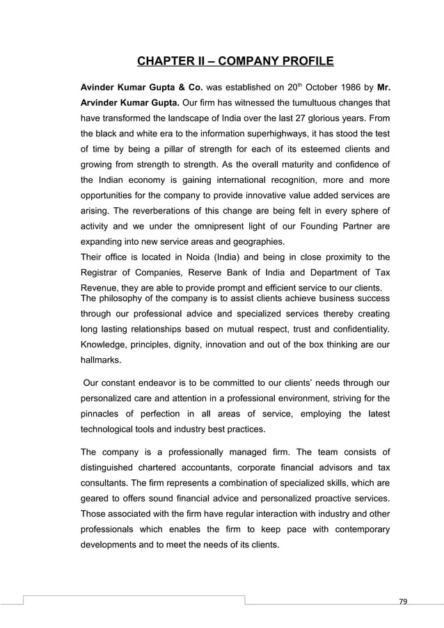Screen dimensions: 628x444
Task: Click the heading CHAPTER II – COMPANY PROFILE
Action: click(x=235, y=65)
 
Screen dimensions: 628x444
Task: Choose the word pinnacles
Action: click(x=105, y=414)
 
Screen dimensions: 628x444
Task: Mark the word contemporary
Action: click(x=354, y=531)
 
